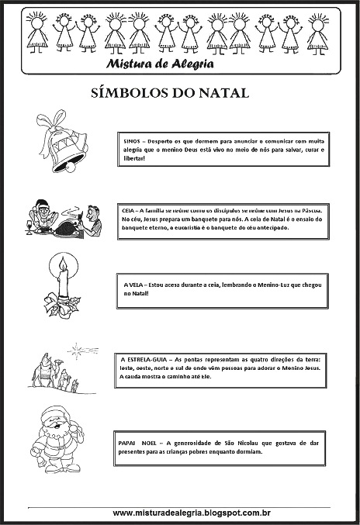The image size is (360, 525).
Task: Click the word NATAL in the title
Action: [x=220, y=94]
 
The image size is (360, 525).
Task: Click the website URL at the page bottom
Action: [x=186, y=513]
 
